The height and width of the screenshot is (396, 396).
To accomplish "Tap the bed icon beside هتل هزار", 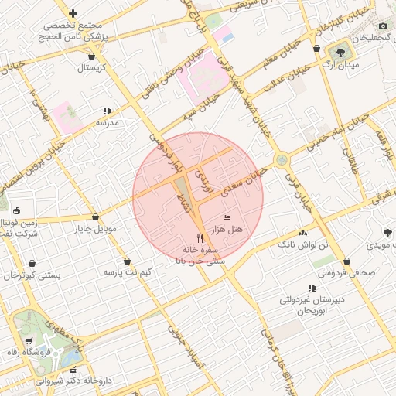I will pyautogui.click(x=227, y=217).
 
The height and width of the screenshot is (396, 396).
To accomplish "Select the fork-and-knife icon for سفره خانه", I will pyautogui.click(x=200, y=239).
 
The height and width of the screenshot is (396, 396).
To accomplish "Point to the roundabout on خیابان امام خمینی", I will pyautogui.click(x=282, y=161).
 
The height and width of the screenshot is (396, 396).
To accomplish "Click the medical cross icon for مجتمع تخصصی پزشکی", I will pyautogui.click(x=73, y=13).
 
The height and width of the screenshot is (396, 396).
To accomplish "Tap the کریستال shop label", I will pyautogui.click(x=92, y=68).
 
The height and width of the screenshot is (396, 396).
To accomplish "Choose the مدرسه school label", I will pyautogui.click(x=107, y=123).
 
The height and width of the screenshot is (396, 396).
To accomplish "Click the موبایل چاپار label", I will pyautogui.click(x=95, y=230).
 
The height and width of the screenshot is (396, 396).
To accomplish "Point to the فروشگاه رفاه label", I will pyautogui.click(x=47, y=353).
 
